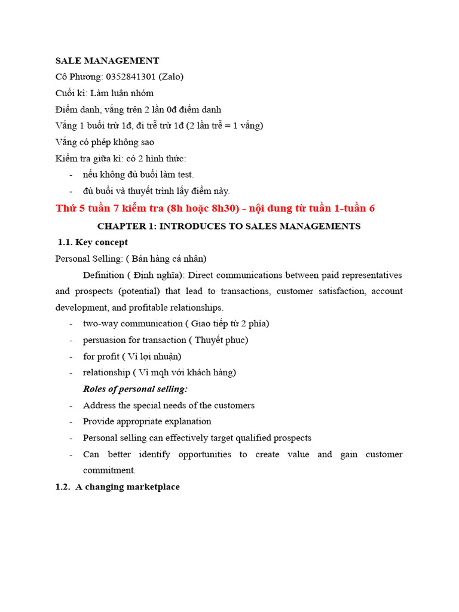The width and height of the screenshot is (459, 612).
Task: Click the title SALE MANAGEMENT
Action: click(x=107, y=60)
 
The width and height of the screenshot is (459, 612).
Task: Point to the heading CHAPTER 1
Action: click(x=229, y=226)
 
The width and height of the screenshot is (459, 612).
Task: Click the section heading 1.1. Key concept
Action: click(x=93, y=242)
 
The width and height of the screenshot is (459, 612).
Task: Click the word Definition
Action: click(x=102, y=275)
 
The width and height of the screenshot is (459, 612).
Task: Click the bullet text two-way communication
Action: click(x=133, y=323)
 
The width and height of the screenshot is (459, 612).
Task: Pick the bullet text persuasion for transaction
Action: click(x=134, y=340)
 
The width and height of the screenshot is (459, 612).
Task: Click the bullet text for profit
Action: click(x=101, y=356)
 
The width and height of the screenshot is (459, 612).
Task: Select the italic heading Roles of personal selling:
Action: click(x=135, y=388)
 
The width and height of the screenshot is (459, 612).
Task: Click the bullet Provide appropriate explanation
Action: click(x=147, y=421)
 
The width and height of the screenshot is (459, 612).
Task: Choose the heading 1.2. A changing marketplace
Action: click(x=117, y=486)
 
